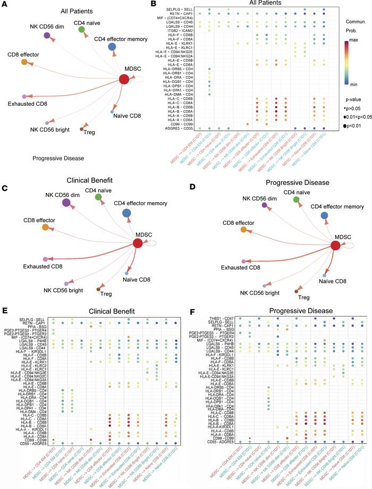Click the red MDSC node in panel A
point(124,80)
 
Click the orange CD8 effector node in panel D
point(244,230)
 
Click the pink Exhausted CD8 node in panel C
point(46,259)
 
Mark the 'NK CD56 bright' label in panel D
point(263,293)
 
